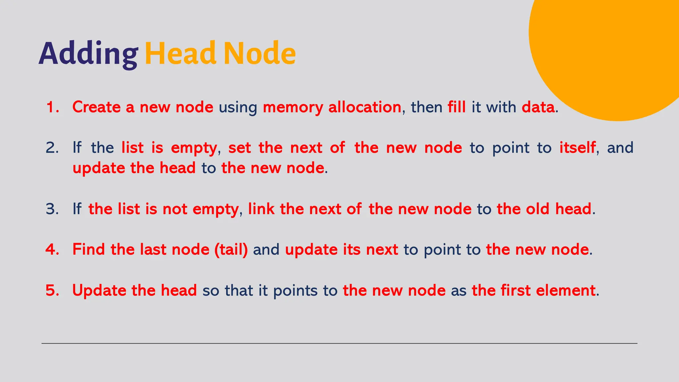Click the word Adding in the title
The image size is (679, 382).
(88, 54)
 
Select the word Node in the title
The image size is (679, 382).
(260, 53)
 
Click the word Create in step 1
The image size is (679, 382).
(96, 107)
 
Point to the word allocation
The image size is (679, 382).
(365, 107)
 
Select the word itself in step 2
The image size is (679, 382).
(578, 148)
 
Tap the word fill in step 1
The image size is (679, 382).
(457, 107)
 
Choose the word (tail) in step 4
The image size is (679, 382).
(231, 250)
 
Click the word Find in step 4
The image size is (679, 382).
(89, 250)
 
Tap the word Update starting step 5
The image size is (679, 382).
(99, 290)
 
